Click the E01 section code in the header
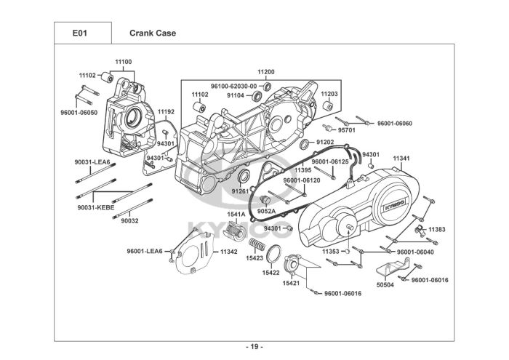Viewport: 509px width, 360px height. [80, 33]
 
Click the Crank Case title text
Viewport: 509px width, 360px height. [153, 33]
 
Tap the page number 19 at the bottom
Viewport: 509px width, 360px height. [254, 345]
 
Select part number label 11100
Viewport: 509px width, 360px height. [124, 62]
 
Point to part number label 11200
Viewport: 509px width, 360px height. [266, 72]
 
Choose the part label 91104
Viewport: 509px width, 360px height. [236, 95]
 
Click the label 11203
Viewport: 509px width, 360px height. [329, 95]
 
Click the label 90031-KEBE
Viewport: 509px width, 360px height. [92, 208]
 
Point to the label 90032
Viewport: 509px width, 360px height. [130, 220]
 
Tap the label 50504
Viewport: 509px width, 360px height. [385, 285]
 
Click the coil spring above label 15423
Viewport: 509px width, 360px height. [257, 243]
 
